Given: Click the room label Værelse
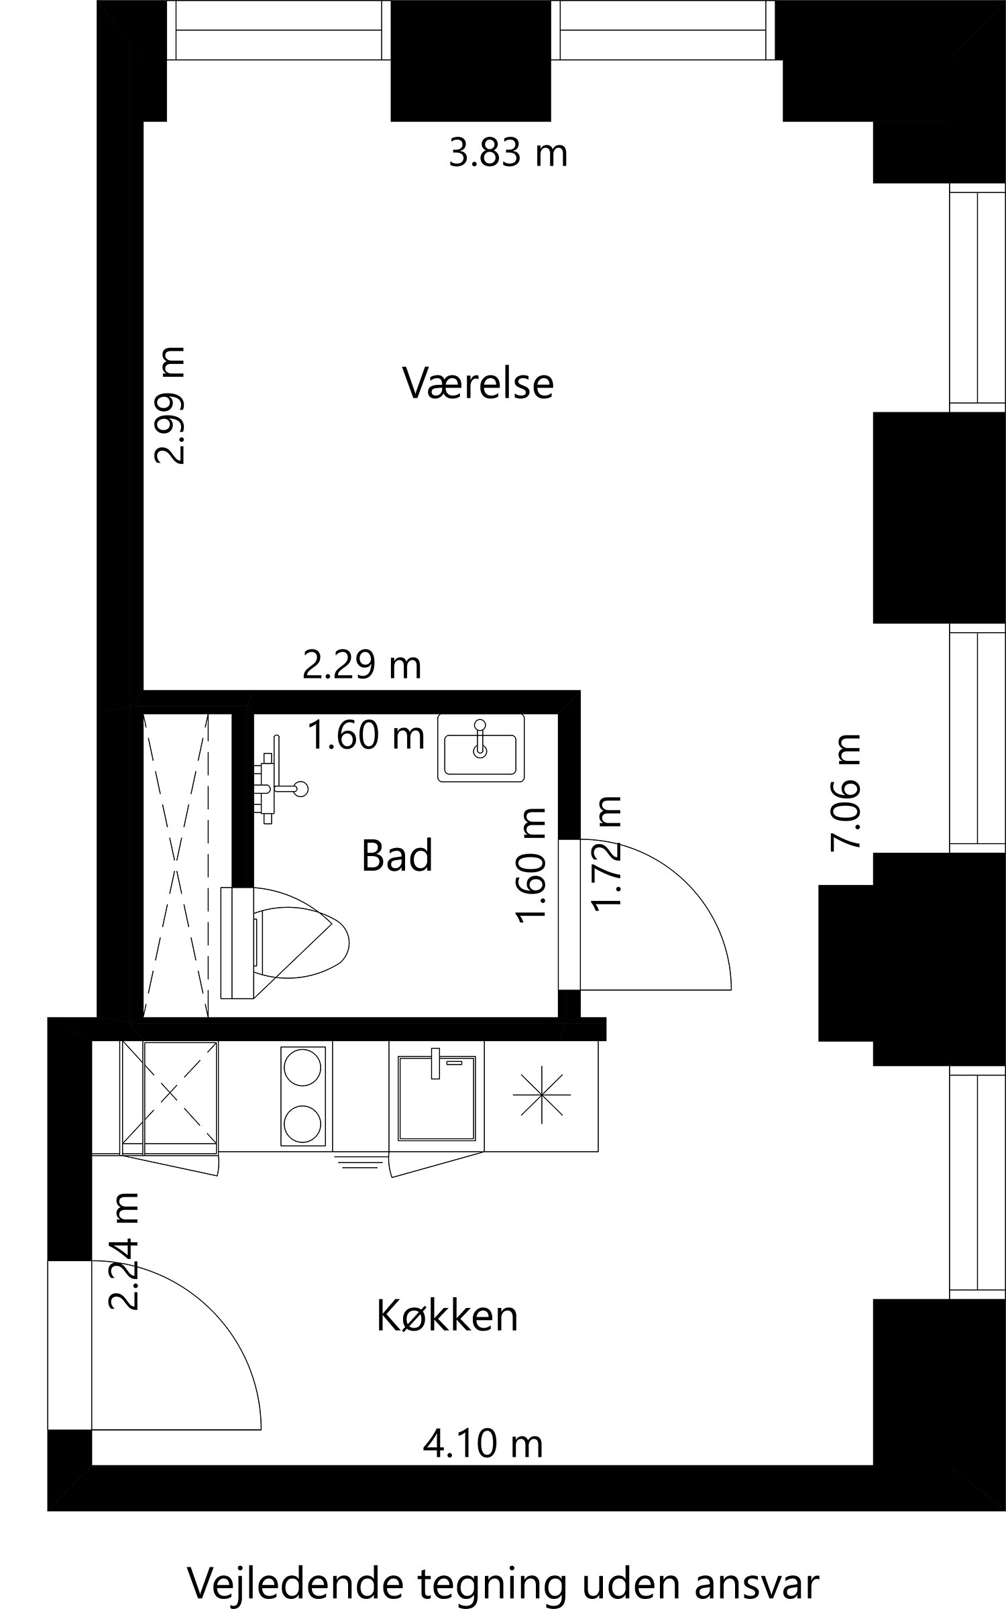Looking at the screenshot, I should click(x=478, y=383).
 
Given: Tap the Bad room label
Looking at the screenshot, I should click(x=397, y=856).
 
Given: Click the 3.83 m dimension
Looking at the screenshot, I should click(x=508, y=153).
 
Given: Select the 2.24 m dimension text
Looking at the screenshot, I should click(x=125, y=1252).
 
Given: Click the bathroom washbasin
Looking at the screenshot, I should click(x=480, y=747).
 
